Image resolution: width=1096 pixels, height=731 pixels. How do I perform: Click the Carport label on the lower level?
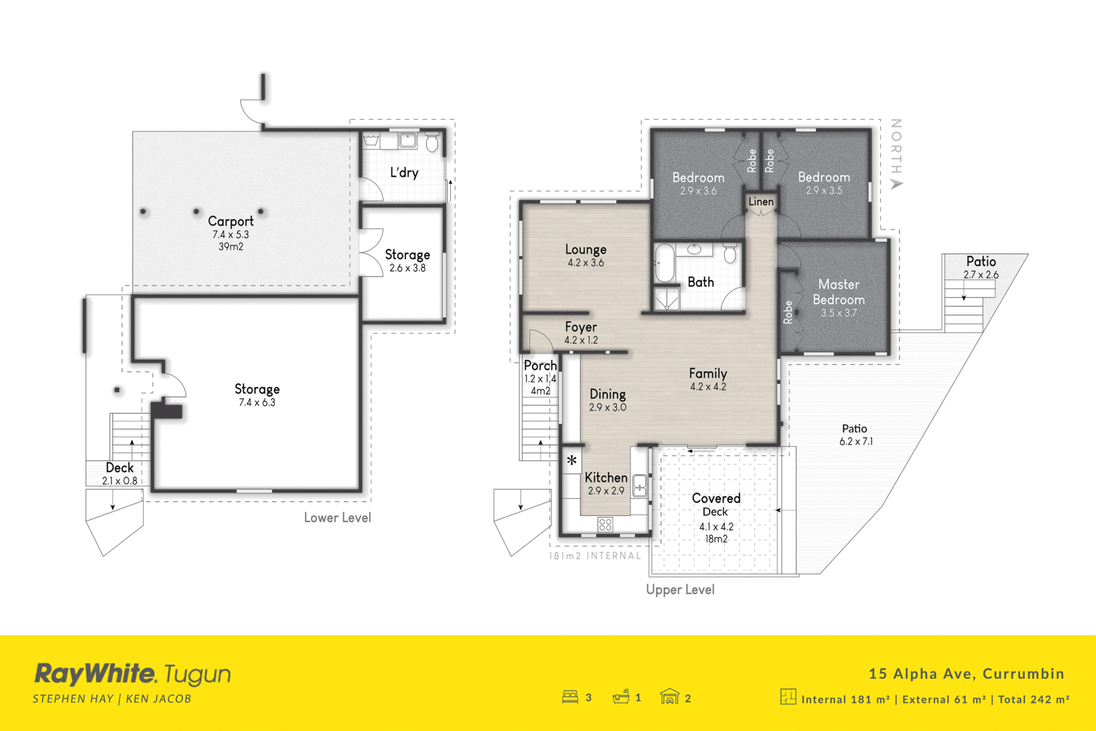[x=231, y=221]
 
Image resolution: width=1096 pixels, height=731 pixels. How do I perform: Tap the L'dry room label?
[x=404, y=173]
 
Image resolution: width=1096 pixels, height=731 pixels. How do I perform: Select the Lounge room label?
[x=586, y=249]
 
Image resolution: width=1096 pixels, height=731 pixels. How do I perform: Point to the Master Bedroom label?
[x=838, y=292]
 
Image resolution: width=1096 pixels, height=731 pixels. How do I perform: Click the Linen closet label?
[x=761, y=201]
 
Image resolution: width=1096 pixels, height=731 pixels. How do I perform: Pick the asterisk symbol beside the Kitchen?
[x=572, y=461]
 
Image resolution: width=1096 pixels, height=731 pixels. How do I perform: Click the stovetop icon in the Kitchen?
[x=605, y=525]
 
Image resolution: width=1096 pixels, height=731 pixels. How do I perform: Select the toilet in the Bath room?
[x=730, y=254]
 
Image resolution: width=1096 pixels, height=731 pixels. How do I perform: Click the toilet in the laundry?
[x=432, y=143]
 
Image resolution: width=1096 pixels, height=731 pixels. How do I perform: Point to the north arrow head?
[x=896, y=184]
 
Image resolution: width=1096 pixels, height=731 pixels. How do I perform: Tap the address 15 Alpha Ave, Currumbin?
[x=967, y=673]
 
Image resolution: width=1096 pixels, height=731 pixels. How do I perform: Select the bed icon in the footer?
[x=570, y=697]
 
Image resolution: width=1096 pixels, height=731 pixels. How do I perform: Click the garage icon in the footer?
[x=669, y=697]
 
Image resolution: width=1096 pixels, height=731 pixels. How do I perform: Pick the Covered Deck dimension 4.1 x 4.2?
[x=716, y=527]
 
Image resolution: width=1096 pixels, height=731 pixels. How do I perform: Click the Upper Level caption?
[x=680, y=590]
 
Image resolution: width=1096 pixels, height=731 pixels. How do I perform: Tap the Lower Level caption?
[x=338, y=518]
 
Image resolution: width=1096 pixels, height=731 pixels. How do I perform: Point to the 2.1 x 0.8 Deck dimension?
[x=120, y=481]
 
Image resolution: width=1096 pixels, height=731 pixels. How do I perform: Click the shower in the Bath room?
[x=667, y=299]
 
